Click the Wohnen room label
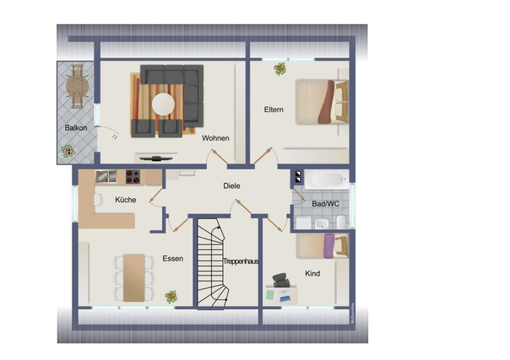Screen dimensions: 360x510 (216, 138)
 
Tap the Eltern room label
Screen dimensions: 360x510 (273, 109)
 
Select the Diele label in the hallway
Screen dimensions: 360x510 (231, 186)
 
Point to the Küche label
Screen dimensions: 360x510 (125, 200)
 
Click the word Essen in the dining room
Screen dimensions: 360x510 (173, 259)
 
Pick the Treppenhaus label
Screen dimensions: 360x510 (241, 262)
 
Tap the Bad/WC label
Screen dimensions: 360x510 (326, 203)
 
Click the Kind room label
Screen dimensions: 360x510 (313, 273)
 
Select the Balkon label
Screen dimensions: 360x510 (76, 128)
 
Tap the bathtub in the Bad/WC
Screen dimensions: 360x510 (326, 179)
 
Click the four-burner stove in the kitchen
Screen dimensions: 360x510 (135, 177)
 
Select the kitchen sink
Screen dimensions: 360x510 (106, 176)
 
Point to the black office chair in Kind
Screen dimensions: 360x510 (281, 280)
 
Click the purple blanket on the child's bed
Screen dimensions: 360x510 (329, 245)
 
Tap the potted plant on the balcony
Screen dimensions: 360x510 (68, 151)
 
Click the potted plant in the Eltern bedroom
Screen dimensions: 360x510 (280, 69)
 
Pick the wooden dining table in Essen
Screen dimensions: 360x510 (134, 278)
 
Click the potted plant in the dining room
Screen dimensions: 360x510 (171, 297)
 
